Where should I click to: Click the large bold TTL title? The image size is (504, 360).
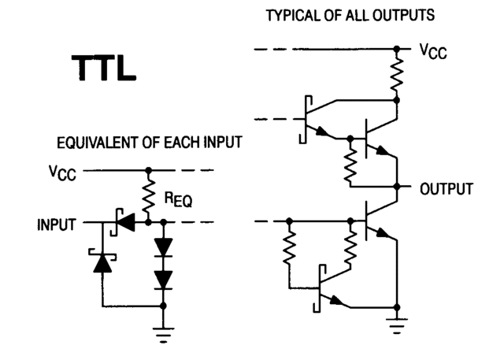(104, 69)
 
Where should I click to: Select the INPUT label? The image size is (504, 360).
(56, 225)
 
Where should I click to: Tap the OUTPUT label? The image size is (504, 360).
(446, 189)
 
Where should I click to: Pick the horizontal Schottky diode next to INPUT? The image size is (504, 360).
(125, 224)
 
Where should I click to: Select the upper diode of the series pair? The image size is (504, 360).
(163, 247)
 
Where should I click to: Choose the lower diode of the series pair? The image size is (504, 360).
(163, 279)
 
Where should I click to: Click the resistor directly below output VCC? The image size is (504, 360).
(398, 76)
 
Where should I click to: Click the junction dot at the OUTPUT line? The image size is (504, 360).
(398, 188)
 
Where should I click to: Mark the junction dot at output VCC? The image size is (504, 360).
(398, 50)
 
